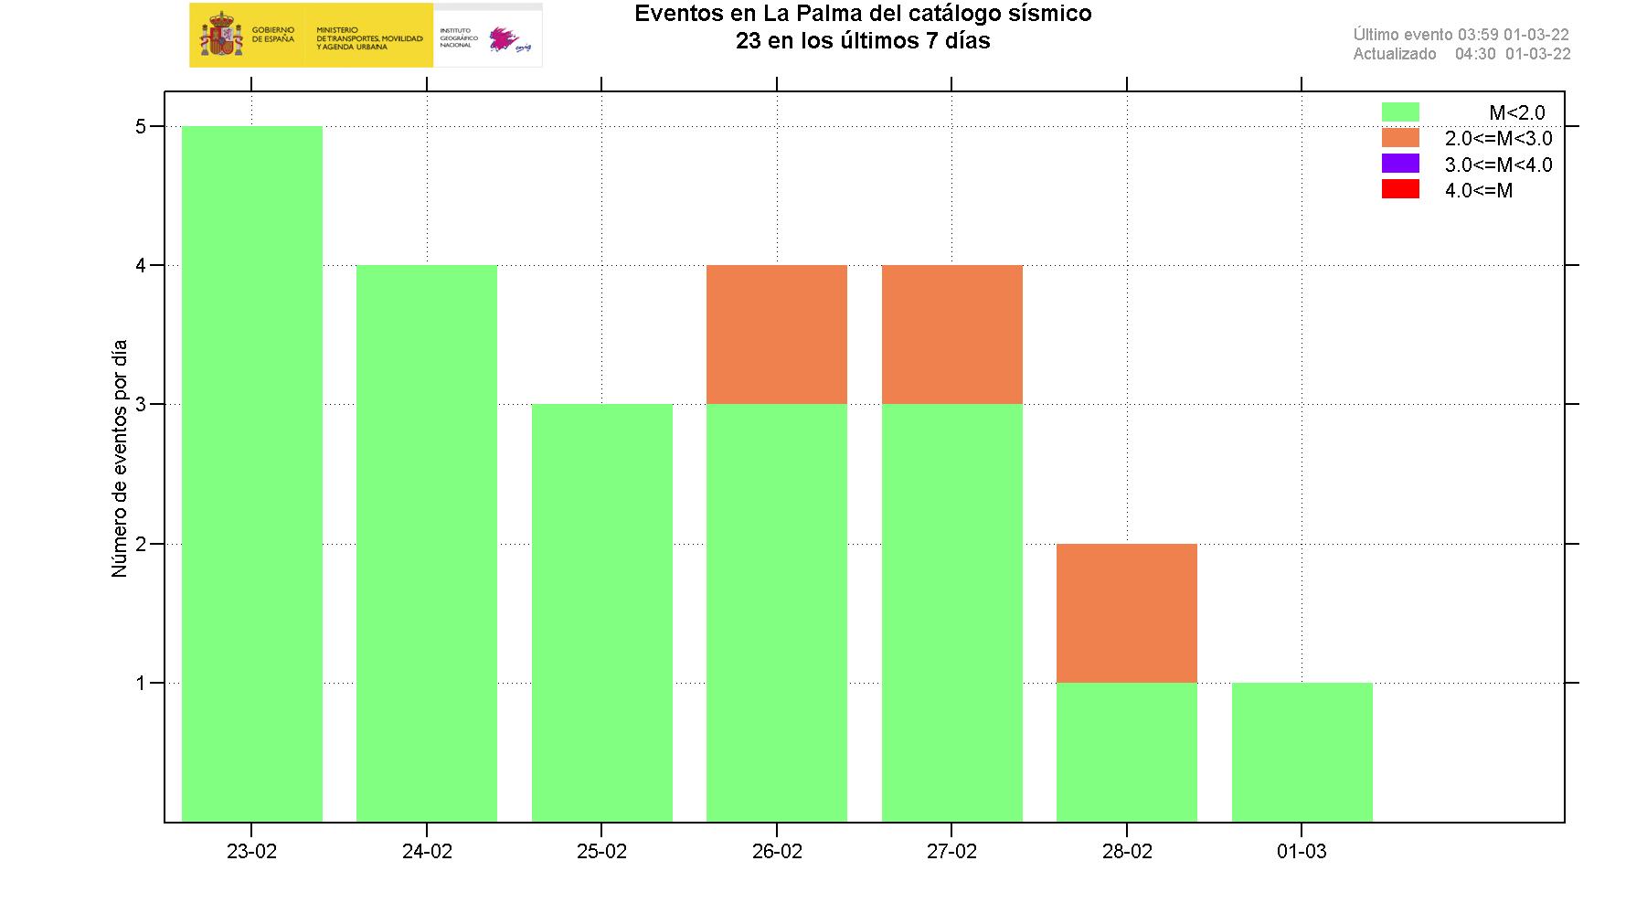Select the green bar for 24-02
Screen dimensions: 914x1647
[x=427, y=543]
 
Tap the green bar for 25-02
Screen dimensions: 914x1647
[x=602, y=612]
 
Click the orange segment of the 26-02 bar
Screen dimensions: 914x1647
[x=777, y=335]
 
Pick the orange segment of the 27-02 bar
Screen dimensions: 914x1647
[x=951, y=335]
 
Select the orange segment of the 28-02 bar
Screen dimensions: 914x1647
[x=1127, y=613]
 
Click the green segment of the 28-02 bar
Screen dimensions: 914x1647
[x=1127, y=752]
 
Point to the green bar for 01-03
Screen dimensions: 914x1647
[x=1302, y=752]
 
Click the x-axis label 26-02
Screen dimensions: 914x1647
[x=777, y=852]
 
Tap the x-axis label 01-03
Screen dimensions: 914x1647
[x=1302, y=852]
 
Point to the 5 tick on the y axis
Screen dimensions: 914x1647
[x=141, y=127]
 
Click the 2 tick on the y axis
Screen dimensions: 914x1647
[x=141, y=545]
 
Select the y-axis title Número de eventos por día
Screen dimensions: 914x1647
[x=119, y=458]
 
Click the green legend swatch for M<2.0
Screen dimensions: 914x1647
[x=1399, y=112]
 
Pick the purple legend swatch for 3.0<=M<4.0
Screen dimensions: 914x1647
[x=1399, y=164]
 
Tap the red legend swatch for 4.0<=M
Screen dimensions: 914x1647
[x=1399, y=190]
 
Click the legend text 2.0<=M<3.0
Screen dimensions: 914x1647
[x=1498, y=139]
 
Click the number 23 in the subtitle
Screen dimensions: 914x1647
[x=749, y=41]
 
